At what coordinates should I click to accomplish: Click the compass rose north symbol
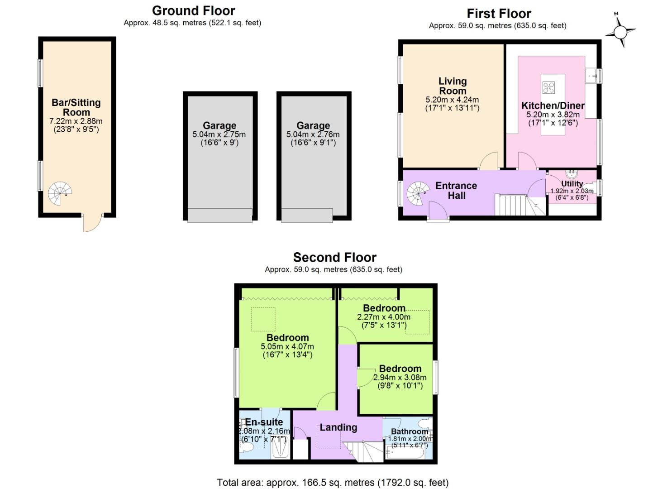(620, 32)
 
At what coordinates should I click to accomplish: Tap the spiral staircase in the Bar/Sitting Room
(60, 193)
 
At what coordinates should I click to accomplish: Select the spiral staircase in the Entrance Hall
(418, 194)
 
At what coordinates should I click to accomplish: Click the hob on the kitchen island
(548, 87)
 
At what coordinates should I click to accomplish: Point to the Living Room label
(452, 86)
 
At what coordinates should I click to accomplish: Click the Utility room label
(572, 184)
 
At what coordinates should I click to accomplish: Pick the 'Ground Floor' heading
(193, 11)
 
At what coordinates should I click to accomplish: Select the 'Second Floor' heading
(334, 258)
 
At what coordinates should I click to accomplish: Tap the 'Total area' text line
(333, 483)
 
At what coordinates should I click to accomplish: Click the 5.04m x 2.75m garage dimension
(219, 134)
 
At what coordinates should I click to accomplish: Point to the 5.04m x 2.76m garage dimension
(313, 134)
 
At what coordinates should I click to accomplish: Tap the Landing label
(338, 427)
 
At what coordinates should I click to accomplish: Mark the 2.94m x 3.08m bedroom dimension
(400, 378)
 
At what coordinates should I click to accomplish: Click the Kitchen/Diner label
(553, 105)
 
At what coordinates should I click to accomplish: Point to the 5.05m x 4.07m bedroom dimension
(287, 347)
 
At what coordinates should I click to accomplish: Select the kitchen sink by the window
(591, 76)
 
